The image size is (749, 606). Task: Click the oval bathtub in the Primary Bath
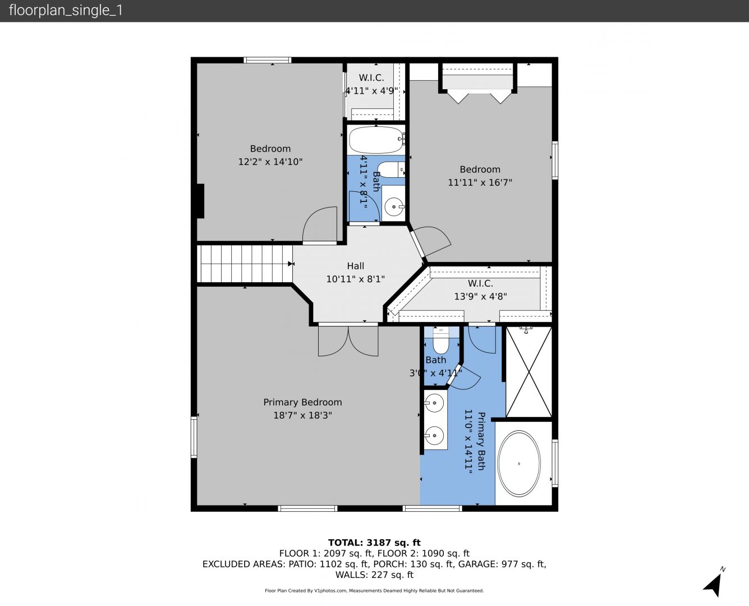point(520,463)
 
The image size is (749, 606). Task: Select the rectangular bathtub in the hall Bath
point(376,140)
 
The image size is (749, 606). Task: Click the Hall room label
point(356,266)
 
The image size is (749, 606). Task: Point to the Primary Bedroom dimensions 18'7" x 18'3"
point(303,415)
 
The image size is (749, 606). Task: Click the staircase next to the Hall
point(245,264)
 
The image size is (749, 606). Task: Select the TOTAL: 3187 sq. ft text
point(374,543)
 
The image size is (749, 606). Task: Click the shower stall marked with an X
point(529,372)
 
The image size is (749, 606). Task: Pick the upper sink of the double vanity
point(434,403)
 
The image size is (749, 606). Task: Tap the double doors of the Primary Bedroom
point(348,341)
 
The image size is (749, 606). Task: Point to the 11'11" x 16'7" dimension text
point(480,182)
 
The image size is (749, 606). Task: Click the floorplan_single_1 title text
point(66,11)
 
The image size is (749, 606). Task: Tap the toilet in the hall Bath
point(391,170)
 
